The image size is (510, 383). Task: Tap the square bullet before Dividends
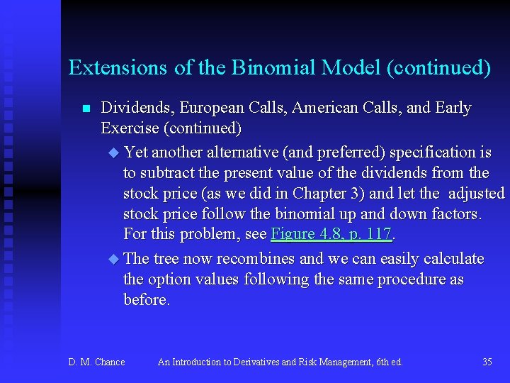click(86, 109)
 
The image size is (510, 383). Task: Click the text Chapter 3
click(330, 194)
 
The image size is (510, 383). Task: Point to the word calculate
click(450, 259)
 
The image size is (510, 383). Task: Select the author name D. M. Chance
click(96, 362)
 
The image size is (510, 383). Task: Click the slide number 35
click(487, 362)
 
